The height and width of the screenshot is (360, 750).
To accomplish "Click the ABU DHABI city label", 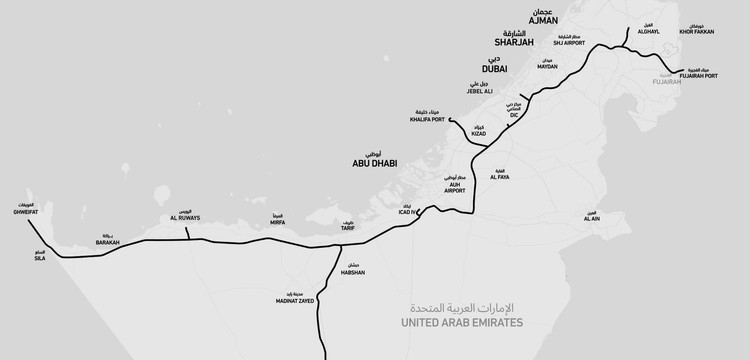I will pyautogui.click(x=375, y=164).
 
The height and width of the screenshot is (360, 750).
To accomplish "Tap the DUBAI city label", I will pyautogui.click(x=495, y=69).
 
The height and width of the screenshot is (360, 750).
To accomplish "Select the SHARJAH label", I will pyautogui.click(x=514, y=42).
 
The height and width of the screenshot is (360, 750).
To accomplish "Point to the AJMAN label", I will pyautogui.click(x=543, y=21).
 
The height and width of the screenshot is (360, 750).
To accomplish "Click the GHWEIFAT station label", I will pyautogui.click(x=26, y=212).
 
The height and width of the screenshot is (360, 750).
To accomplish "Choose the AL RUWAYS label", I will pyautogui.click(x=185, y=218).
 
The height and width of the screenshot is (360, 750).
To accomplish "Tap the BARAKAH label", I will pyautogui.click(x=107, y=243).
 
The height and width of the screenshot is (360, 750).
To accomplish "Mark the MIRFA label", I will pyautogui.click(x=277, y=223).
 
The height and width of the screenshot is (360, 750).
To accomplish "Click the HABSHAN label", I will pyautogui.click(x=352, y=272).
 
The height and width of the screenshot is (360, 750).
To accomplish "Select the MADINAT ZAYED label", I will pyautogui.click(x=295, y=301).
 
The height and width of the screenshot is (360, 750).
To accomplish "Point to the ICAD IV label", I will pyautogui.click(x=407, y=212).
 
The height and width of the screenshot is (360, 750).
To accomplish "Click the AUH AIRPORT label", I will pyautogui.click(x=455, y=187).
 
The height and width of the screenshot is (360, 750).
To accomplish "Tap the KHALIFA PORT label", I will pyautogui.click(x=427, y=120).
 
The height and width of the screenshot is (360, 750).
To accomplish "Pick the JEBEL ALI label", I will pyautogui.click(x=480, y=91).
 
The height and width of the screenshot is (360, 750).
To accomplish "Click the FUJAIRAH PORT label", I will pyautogui.click(x=698, y=76).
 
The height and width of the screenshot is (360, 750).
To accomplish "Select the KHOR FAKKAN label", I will pyautogui.click(x=697, y=32).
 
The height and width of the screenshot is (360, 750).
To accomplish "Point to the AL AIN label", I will pyautogui.click(x=592, y=219).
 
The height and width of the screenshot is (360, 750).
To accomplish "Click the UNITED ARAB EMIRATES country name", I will pyautogui.click(x=462, y=322).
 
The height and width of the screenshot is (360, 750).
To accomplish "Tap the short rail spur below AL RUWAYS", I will pyautogui.click(x=187, y=233).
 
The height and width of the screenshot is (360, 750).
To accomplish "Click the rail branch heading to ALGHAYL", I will pyautogui.click(x=626, y=37).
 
